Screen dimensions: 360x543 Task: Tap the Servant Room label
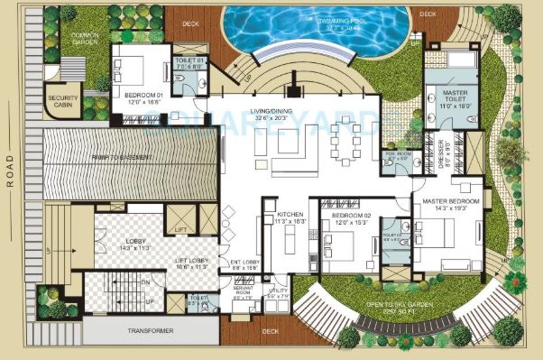point(242,294)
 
